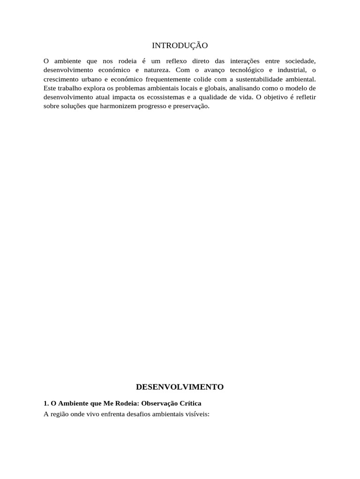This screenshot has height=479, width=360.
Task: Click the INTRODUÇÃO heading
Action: click(x=180, y=45)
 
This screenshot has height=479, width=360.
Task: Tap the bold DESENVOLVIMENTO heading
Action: click(x=180, y=387)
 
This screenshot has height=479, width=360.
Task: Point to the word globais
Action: click(x=216, y=88)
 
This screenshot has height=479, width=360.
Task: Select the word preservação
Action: click(x=190, y=106)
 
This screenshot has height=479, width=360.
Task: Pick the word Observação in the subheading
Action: click(x=158, y=403)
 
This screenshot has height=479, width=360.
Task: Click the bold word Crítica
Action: click(x=189, y=403)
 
